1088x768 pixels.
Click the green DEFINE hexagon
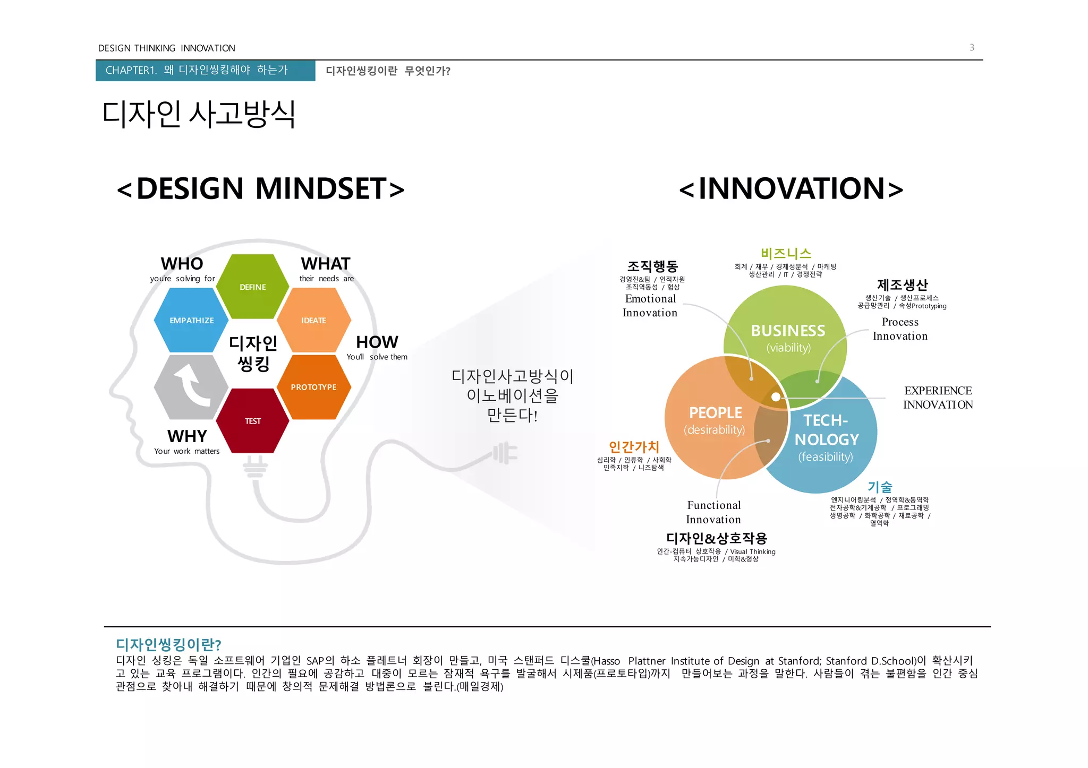click(x=252, y=287)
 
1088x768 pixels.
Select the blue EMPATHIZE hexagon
click(x=191, y=320)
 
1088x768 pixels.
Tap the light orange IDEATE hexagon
click(x=313, y=320)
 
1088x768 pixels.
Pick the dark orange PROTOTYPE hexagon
click(x=313, y=387)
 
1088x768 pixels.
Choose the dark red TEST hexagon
click(x=252, y=421)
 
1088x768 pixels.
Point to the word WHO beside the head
click(x=182, y=264)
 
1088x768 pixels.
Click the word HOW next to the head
click(x=377, y=342)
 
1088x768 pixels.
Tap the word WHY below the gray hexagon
click(x=187, y=436)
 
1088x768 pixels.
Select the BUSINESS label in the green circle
click(x=788, y=331)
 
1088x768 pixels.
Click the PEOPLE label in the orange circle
click(x=715, y=412)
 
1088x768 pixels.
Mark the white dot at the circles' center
click(x=776, y=396)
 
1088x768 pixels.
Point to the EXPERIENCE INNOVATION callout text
click(x=938, y=398)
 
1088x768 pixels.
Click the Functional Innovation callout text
click(x=713, y=512)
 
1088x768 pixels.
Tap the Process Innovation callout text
click(x=900, y=329)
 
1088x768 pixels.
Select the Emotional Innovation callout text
click(x=650, y=306)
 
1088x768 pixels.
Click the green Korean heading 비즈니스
click(x=786, y=253)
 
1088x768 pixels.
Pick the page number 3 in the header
click(x=972, y=47)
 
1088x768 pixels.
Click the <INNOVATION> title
click(x=791, y=188)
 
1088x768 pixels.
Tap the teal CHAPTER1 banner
click(x=205, y=70)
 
